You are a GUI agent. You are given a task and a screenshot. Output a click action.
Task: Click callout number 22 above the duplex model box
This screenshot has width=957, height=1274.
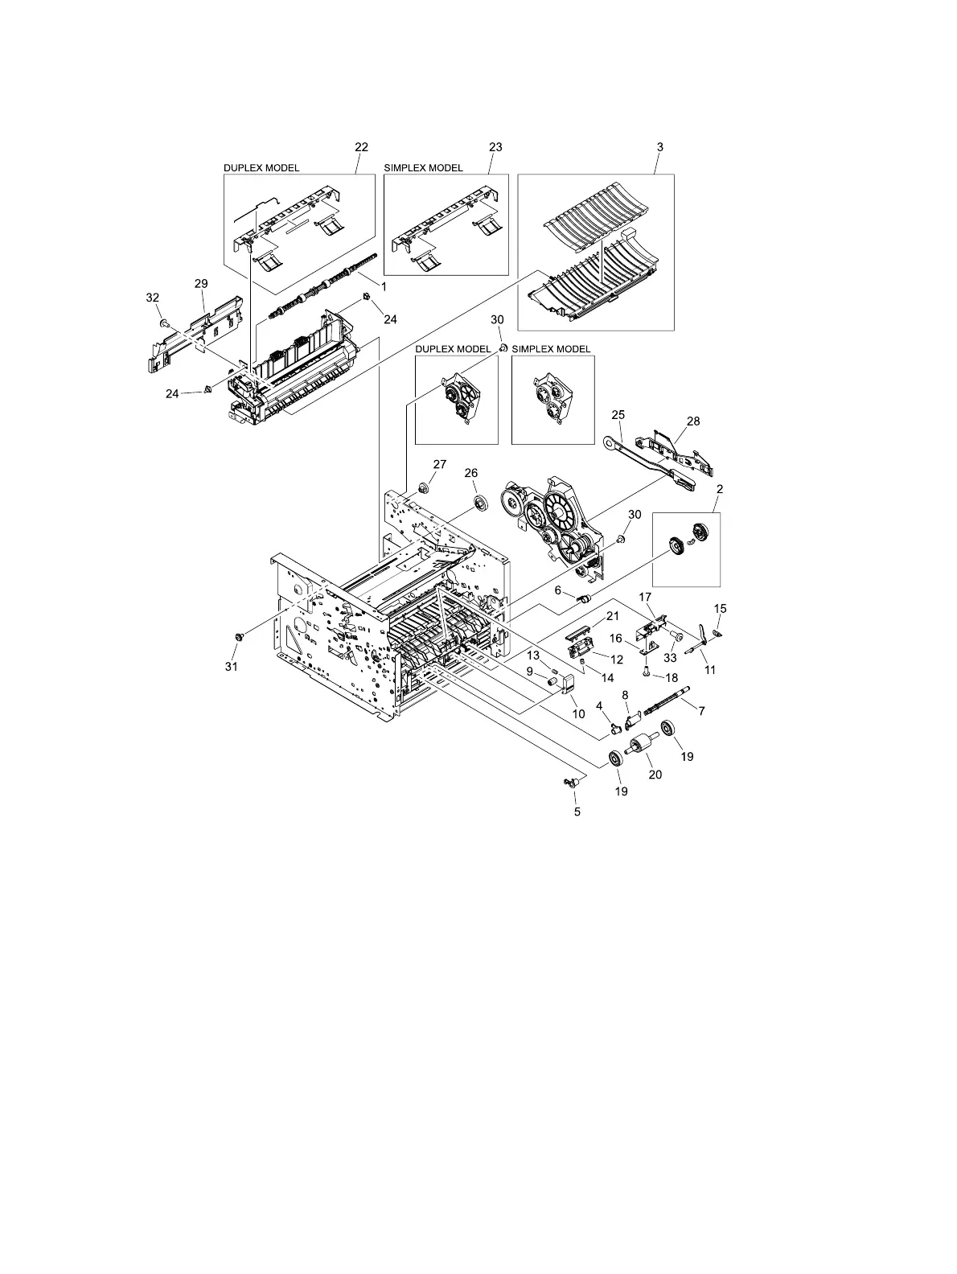[x=361, y=147]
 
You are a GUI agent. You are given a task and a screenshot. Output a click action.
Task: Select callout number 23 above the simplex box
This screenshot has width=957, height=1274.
[x=495, y=147]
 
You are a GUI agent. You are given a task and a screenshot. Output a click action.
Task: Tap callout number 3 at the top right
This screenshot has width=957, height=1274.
[x=659, y=147]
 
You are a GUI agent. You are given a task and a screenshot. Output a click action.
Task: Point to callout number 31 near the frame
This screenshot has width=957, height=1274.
[x=232, y=666]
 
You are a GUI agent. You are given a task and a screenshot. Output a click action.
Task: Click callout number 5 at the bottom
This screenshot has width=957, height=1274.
[x=577, y=812]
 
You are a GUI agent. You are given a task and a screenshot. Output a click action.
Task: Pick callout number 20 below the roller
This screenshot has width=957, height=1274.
[x=655, y=775]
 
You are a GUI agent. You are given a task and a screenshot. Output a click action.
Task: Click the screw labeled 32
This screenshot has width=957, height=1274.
[x=162, y=323]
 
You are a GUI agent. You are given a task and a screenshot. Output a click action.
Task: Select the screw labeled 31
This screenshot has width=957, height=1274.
[x=238, y=637]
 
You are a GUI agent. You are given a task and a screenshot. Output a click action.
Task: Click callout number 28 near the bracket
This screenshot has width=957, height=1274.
[x=693, y=421]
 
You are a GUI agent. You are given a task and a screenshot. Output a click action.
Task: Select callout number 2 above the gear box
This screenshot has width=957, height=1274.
[x=719, y=488]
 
